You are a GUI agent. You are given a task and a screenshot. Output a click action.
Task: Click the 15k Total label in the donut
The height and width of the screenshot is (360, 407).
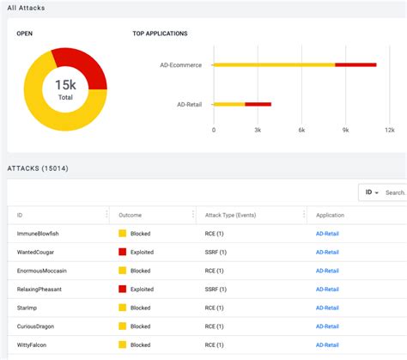pyautogui.click(x=65, y=89)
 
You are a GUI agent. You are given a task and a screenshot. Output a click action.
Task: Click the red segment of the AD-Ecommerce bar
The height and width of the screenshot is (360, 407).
pyautogui.click(x=355, y=64)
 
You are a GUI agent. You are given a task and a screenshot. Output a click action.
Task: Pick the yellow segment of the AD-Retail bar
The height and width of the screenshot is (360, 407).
pyautogui.click(x=228, y=104)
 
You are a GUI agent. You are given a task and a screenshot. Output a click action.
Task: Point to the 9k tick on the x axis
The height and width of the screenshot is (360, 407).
pyautogui.click(x=345, y=130)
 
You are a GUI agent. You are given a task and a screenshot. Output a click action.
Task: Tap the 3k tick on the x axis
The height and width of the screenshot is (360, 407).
pyautogui.click(x=258, y=130)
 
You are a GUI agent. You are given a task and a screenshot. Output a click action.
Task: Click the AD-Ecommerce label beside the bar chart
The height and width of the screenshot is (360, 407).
pyautogui.click(x=180, y=64)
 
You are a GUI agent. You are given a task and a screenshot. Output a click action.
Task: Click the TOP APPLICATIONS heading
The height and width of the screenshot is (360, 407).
pyautogui.click(x=160, y=34)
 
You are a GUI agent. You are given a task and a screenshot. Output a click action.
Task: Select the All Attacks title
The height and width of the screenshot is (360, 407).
pyautogui.click(x=27, y=8)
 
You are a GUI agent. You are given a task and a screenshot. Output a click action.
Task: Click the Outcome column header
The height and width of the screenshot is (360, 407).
pyautogui.click(x=131, y=215)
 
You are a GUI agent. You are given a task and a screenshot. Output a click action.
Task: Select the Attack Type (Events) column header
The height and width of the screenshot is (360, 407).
pyautogui.click(x=231, y=215)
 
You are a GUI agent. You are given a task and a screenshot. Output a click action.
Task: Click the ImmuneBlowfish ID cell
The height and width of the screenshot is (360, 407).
pyautogui.click(x=38, y=234)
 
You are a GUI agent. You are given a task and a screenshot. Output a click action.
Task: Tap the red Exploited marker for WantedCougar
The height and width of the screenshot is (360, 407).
pyautogui.click(x=122, y=253)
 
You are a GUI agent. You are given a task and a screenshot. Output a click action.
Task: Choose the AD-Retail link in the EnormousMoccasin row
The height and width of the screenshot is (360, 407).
pyautogui.click(x=327, y=271)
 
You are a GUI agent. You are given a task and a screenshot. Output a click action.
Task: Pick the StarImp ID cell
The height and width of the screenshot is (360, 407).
pyautogui.click(x=28, y=308)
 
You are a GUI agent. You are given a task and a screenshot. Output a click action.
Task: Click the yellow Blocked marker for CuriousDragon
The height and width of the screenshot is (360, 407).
pyautogui.click(x=122, y=326)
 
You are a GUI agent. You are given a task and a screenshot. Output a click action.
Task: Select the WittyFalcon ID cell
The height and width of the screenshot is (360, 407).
pyautogui.click(x=33, y=345)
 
